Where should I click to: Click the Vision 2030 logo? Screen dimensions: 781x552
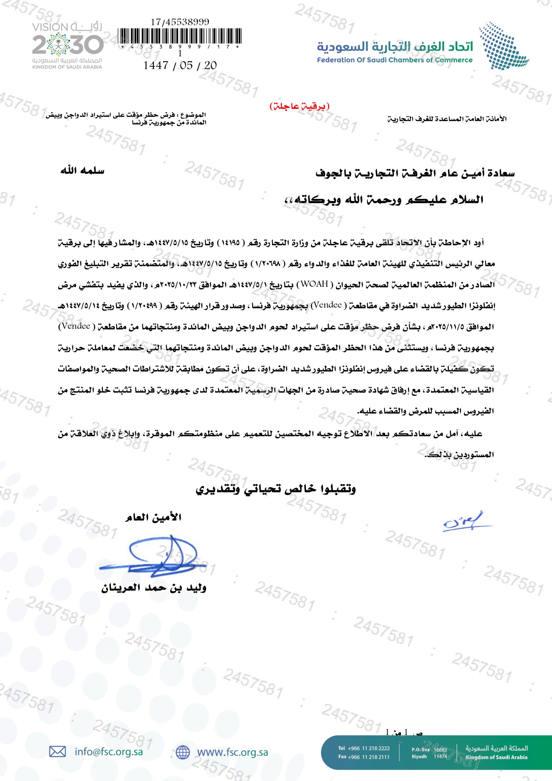point(67,45)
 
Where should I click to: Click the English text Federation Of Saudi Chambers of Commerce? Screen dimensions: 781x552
point(395,60)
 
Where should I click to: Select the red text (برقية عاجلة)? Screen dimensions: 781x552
point(299,106)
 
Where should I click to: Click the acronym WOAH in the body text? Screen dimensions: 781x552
point(317,284)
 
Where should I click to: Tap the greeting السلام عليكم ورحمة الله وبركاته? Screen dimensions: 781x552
point(384,200)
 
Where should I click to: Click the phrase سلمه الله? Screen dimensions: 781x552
point(82,171)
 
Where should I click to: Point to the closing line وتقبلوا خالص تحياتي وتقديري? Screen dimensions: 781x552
point(276,489)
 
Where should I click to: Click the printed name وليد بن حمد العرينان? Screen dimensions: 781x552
point(154,588)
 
